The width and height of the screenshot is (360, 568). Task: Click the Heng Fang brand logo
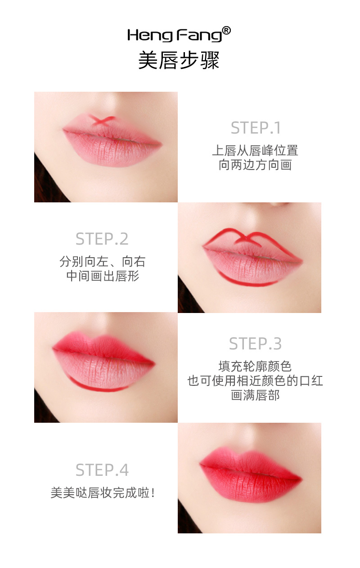coord(175,35)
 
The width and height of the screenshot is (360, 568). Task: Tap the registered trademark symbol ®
coord(226,31)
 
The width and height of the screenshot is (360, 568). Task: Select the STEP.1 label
coord(256,128)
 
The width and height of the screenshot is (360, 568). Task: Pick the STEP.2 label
coord(102,239)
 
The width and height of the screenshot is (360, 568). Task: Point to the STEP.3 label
coord(255,344)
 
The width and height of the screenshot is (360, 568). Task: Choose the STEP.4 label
coord(102,470)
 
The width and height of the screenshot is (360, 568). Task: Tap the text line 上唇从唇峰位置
coord(255,150)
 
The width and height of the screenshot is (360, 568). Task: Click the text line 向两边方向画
coord(255,165)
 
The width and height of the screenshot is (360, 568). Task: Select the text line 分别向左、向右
coord(102,261)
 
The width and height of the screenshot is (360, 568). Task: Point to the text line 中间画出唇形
coord(102,276)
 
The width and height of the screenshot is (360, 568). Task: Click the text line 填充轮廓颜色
coord(255,366)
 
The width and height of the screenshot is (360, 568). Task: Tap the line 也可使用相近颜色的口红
coord(255,380)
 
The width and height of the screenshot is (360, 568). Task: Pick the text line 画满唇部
coord(255,395)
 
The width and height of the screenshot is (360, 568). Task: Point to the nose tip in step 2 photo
coord(277,205)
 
